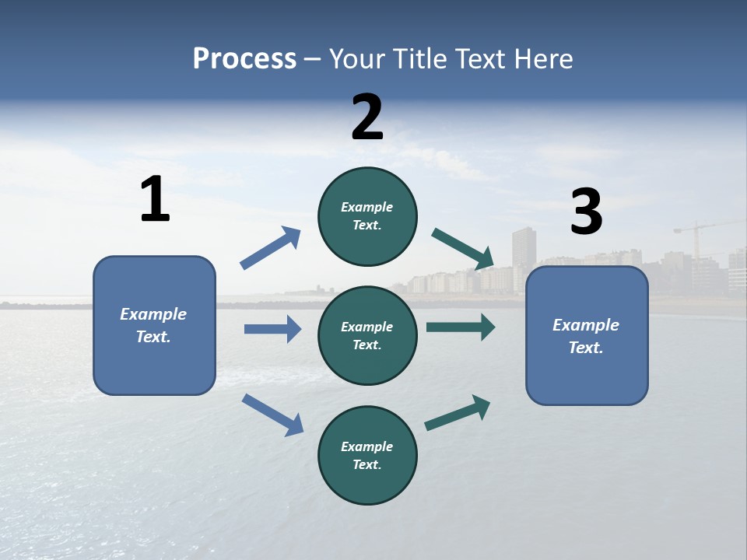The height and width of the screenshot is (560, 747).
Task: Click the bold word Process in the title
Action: point(244,59)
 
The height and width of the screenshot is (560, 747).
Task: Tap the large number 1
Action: point(155,199)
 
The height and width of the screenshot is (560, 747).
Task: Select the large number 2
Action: point(367,117)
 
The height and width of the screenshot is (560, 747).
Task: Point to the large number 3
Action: point(586,212)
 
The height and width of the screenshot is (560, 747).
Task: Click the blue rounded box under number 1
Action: point(154,325)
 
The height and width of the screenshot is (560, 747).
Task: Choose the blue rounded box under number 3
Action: point(587,335)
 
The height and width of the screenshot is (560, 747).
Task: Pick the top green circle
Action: point(367,216)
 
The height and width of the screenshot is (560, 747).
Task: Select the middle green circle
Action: point(367,335)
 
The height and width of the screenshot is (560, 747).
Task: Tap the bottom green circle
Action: point(367,455)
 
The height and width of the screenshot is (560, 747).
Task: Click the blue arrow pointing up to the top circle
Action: point(271,248)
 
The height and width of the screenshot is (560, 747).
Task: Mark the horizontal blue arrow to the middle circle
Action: point(272,329)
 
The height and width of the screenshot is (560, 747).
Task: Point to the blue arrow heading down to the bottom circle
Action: point(272,414)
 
